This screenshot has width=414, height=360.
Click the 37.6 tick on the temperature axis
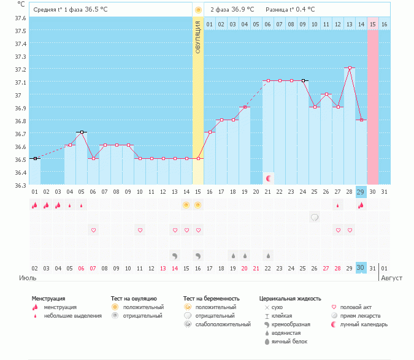tap(21, 18)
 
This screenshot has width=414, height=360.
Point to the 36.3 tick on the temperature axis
tap(21, 185)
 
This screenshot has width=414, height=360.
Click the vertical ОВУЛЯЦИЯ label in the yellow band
tap(198, 37)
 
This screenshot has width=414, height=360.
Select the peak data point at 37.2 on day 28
tap(350, 68)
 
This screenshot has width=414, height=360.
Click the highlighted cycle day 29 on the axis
tap(361, 192)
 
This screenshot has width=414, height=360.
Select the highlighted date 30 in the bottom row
tap(361, 268)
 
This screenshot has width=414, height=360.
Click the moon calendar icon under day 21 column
tap(268, 178)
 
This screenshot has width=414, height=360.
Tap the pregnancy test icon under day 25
tap(315, 217)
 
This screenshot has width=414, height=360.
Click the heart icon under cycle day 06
tap(93, 230)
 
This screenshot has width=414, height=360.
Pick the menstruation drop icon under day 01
tap(35, 205)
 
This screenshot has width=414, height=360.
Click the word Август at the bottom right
tap(391, 278)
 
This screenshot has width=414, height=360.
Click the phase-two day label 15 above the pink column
tap(373, 24)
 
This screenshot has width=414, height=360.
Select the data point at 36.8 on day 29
tap(361, 120)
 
